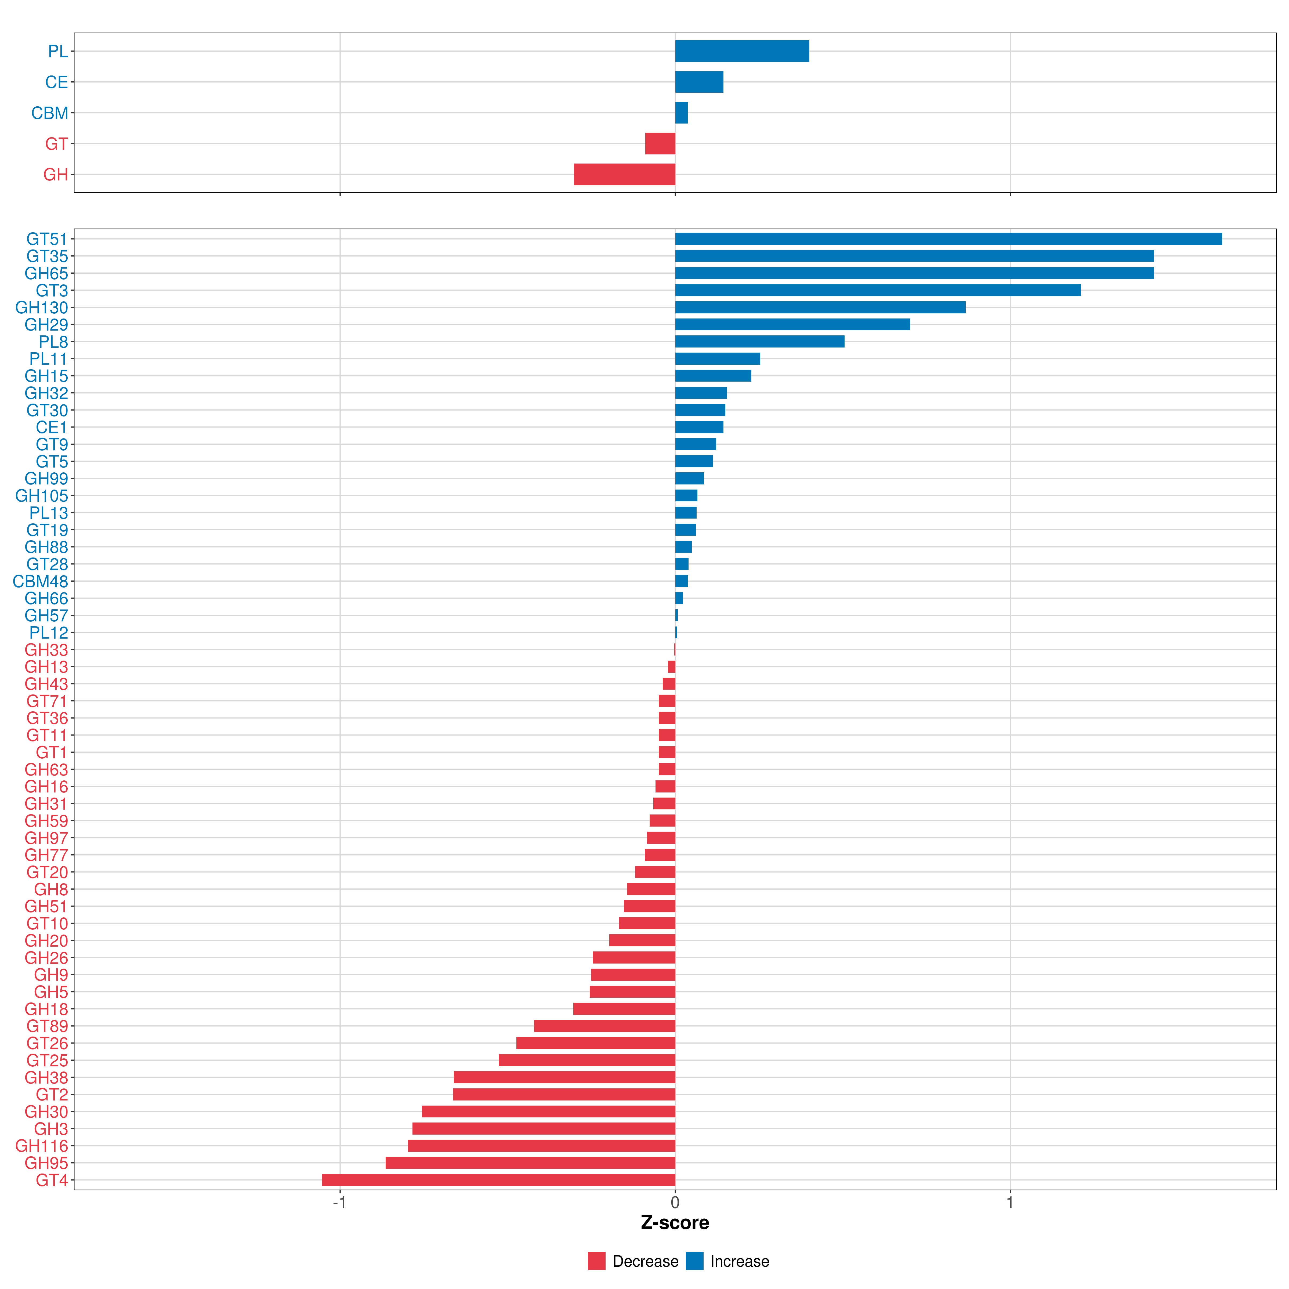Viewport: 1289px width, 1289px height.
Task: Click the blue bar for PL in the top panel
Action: [x=742, y=51]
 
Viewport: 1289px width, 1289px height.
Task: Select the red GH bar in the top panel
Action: [x=624, y=175]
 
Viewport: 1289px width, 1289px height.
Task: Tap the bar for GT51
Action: [x=948, y=239]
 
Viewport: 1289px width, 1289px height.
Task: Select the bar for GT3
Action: [x=877, y=290]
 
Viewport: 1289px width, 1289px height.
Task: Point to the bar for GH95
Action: [x=530, y=1163]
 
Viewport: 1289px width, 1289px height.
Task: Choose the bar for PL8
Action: [x=759, y=342]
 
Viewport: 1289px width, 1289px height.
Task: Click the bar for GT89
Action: [x=604, y=1026]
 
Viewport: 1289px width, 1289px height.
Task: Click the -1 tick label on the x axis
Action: [x=340, y=1203]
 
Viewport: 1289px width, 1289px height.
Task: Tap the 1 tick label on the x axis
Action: [x=1010, y=1203]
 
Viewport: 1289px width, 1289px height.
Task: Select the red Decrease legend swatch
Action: [x=596, y=1261]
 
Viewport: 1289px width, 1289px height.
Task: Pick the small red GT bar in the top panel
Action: [x=660, y=143]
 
